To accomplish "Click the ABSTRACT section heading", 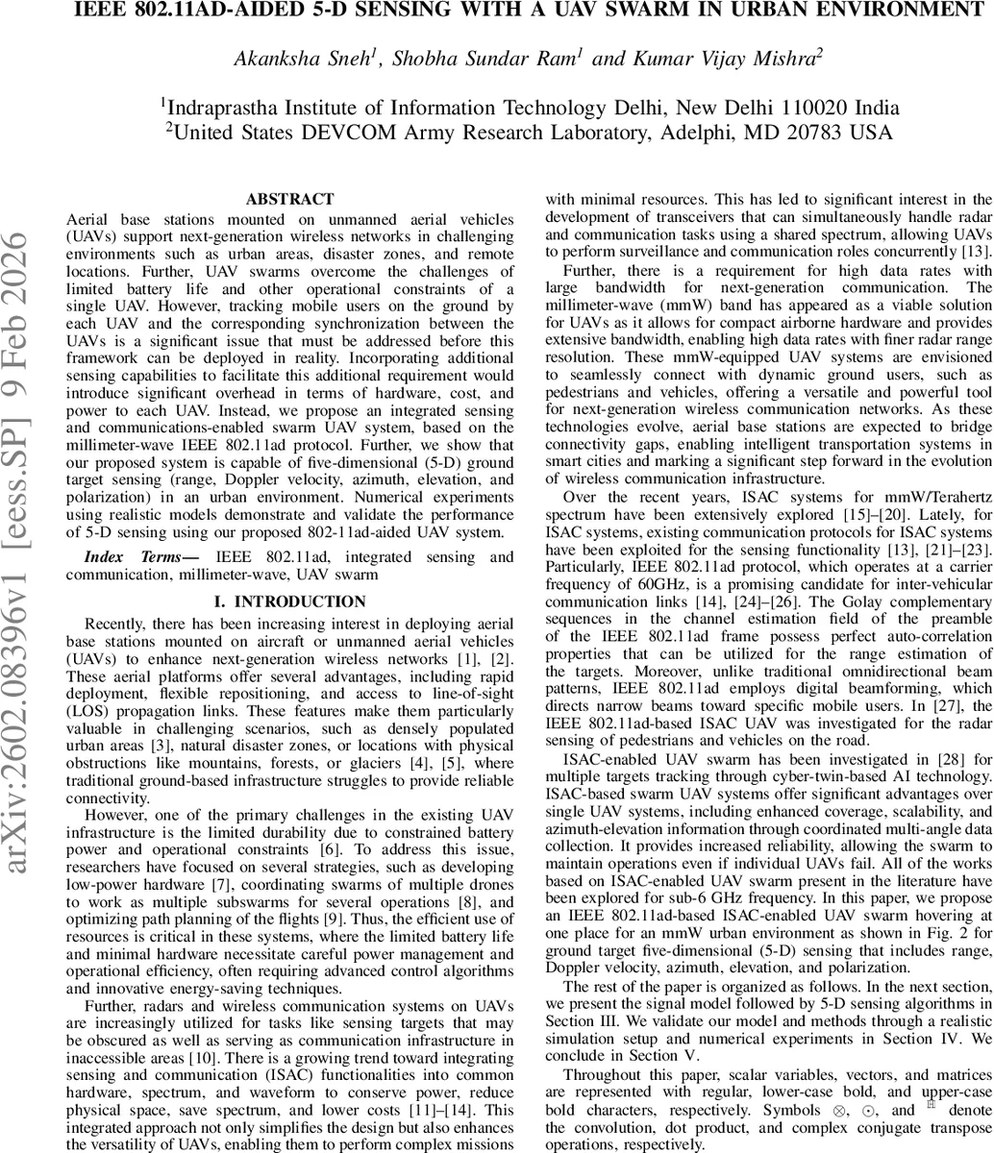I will [x=289, y=200].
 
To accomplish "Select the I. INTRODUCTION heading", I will [x=289, y=601].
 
